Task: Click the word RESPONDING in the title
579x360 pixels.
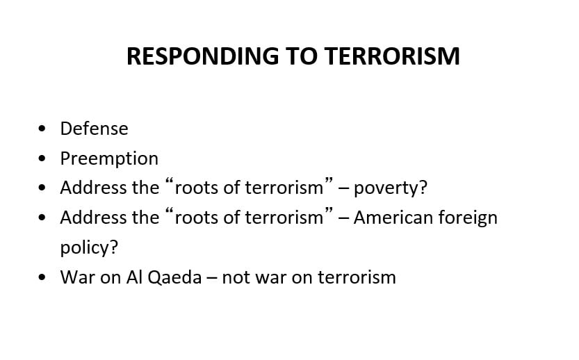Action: (x=203, y=56)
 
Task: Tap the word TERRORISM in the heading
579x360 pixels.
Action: (x=393, y=56)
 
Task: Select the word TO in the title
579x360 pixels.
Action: (x=302, y=56)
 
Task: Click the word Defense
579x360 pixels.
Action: (x=94, y=129)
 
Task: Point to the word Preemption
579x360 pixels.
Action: (x=109, y=158)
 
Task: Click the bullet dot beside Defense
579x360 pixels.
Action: (x=42, y=129)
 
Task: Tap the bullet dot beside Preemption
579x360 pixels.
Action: (x=42, y=158)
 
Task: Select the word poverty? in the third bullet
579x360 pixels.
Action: (x=391, y=188)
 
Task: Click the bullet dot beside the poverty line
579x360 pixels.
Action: (x=42, y=188)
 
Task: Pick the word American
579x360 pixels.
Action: (x=393, y=218)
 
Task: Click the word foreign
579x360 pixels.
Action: (x=468, y=218)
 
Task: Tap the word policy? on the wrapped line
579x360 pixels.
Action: (x=89, y=247)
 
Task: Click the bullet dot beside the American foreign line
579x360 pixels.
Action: (x=42, y=218)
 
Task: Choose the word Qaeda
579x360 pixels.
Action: (x=174, y=277)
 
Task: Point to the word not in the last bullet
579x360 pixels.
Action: (x=236, y=278)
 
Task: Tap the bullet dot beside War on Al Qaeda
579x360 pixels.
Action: (x=42, y=277)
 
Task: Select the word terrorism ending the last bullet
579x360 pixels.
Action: (x=357, y=277)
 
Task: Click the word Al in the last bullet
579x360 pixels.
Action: (x=134, y=277)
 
